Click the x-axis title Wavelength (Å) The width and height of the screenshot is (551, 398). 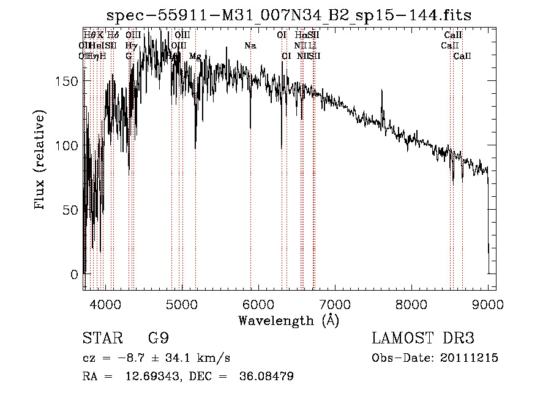coord(288,320)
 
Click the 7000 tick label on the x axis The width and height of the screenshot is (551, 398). coord(335,303)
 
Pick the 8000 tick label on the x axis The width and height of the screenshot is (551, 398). coord(411,303)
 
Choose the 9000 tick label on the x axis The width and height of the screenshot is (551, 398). coord(488,303)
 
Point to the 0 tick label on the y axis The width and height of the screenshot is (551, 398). coord(75,274)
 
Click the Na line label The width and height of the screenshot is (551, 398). coord(250,46)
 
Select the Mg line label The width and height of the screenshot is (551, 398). coord(195,56)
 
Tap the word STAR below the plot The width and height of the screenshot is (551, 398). coord(101,339)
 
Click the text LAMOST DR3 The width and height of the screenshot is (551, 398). coord(422,339)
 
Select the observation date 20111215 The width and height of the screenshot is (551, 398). coord(468,358)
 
